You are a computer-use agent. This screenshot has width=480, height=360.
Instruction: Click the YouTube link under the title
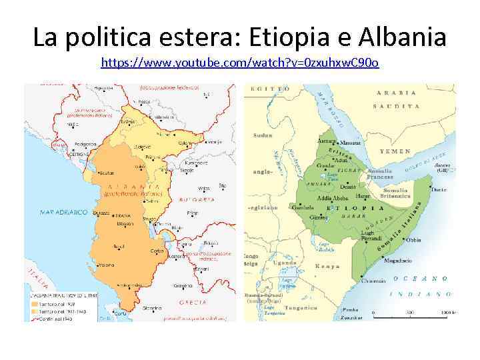240,63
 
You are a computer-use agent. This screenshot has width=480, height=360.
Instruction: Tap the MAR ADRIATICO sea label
63,212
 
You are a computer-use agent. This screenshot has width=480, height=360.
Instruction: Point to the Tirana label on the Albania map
122,216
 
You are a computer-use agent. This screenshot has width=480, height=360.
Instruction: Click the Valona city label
107,265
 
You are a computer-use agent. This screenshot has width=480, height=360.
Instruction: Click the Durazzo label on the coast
102,213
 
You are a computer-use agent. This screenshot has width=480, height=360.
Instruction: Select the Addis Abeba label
333,199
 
